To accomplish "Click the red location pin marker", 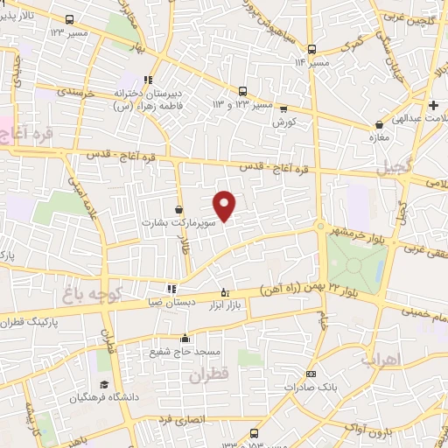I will (226, 206).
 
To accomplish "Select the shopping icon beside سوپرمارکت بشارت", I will (179, 211).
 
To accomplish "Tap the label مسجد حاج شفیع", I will (184, 352).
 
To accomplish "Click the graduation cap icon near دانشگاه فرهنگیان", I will (103, 385).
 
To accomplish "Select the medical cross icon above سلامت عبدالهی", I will (433, 105).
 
